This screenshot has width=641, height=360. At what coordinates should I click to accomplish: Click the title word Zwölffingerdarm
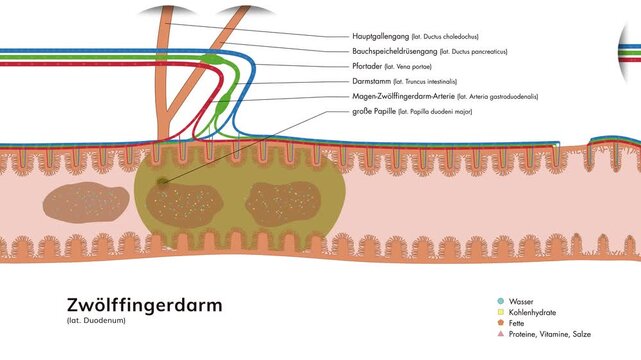[144, 304]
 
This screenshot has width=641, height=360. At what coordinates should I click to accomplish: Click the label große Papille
[373, 112]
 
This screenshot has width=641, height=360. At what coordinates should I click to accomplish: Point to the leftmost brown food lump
[85, 203]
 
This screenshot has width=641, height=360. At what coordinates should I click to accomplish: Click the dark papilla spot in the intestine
[163, 182]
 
